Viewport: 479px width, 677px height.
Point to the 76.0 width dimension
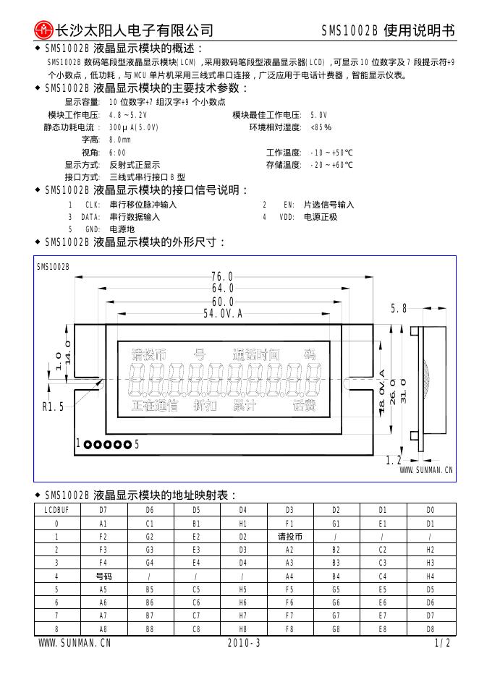tap(222, 277)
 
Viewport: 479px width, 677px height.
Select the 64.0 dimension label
tap(222, 289)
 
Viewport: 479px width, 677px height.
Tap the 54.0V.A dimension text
tap(222, 312)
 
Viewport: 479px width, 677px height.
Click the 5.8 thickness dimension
tap(399, 309)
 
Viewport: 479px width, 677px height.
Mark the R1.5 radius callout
tap(53, 407)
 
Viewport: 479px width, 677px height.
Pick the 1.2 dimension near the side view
tap(393, 460)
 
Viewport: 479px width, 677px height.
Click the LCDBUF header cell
tap(56, 510)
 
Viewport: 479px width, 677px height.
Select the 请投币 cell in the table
tap(289, 537)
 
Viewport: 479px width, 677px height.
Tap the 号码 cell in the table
tap(103, 576)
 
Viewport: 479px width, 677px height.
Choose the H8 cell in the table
tap(243, 629)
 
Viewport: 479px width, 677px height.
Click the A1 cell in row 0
tap(103, 523)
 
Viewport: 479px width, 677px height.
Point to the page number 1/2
tap(442, 643)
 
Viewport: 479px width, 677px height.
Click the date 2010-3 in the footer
tap(243, 643)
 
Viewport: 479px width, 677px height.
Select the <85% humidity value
tap(321, 127)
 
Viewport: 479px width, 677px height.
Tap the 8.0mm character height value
tap(119, 140)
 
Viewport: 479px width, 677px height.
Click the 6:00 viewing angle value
tap(116, 153)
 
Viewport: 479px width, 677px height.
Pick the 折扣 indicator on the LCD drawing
tap(206, 406)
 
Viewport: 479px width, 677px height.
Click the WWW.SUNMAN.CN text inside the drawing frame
tap(426, 470)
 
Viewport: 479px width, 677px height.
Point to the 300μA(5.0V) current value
tap(133, 127)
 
